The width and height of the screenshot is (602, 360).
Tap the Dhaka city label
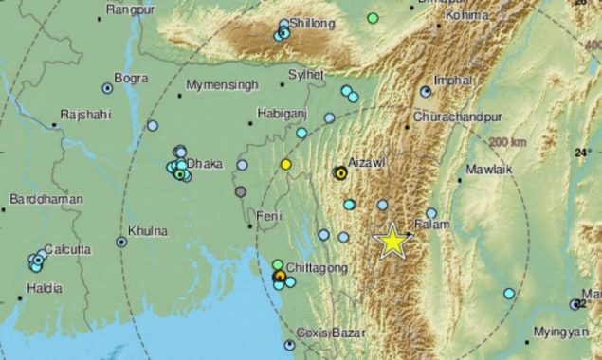click(x=204, y=163)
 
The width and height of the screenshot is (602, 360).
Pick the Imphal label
click(x=451, y=80)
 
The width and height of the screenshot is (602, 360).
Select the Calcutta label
click(x=67, y=249)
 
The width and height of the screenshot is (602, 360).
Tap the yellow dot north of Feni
click(x=285, y=165)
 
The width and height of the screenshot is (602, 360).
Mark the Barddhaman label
click(x=46, y=199)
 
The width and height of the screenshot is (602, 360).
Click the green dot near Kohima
click(x=373, y=17)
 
